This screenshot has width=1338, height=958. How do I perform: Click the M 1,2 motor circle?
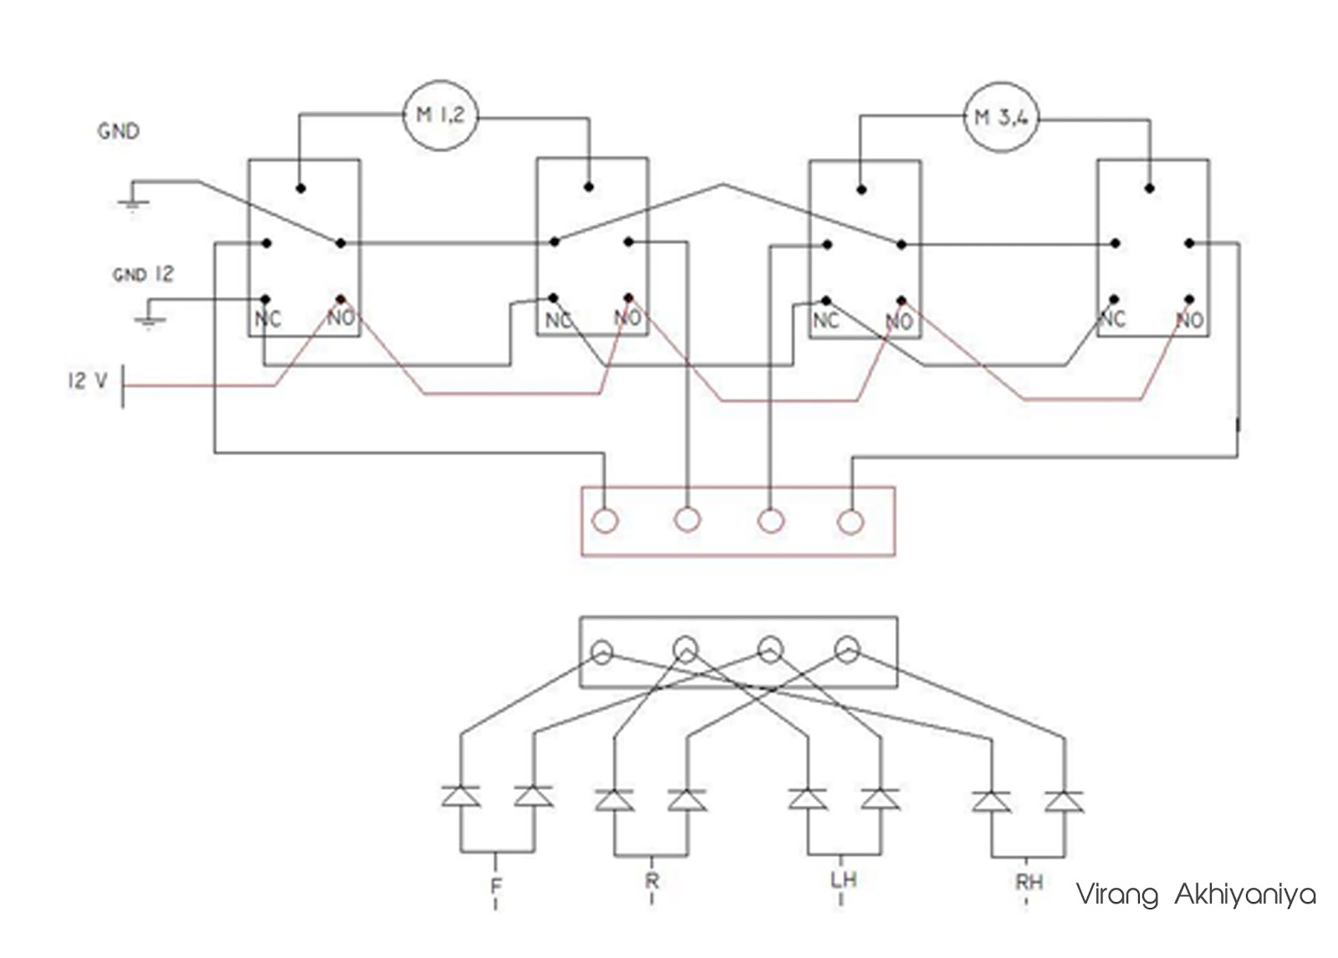(x=440, y=116)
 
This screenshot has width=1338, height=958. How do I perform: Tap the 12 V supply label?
(x=88, y=381)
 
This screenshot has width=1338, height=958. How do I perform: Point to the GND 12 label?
(x=143, y=274)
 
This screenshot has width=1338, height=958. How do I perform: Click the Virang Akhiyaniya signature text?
(x=1195, y=894)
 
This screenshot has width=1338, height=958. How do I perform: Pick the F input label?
(x=496, y=884)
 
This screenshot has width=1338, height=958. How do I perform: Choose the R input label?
(x=652, y=880)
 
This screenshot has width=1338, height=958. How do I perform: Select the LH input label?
(x=843, y=879)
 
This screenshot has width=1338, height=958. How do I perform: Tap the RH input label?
(x=1029, y=882)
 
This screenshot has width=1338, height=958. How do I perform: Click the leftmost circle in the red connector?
(x=605, y=522)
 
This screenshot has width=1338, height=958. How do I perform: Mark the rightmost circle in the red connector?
(x=850, y=522)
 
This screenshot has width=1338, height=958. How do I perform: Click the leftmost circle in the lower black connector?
(x=602, y=651)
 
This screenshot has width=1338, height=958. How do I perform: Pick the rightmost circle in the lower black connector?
(x=847, y=648)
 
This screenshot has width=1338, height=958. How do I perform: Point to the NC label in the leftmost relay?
(x=268, y=318)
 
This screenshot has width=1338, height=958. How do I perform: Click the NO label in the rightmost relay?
(x=1189, y=320)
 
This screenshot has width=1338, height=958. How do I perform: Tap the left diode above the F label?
(x=461, y=796)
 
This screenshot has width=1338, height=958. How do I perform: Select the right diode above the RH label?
(x=1064, y=801)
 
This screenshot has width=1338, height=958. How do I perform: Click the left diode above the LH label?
(x=808, y=798)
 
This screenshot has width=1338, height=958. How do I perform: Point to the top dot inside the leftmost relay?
(x=301, y=188)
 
